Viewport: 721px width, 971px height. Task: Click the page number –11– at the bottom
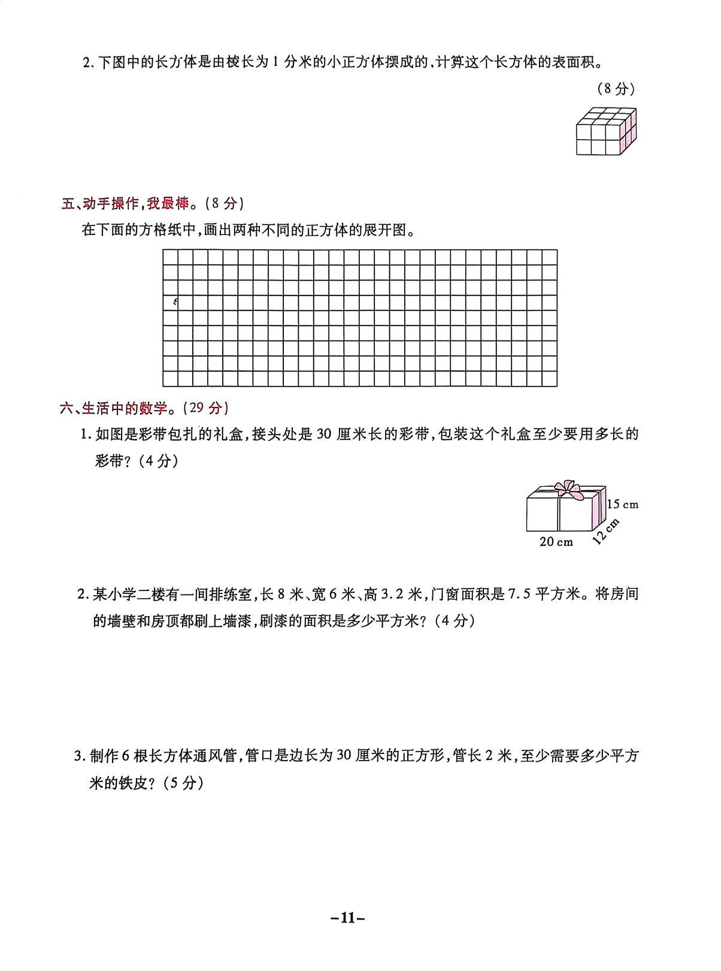[x=348, y=918]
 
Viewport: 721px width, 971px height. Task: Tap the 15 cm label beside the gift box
[x=622, y=505]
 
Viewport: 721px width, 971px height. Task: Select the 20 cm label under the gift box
[x=556, y=542]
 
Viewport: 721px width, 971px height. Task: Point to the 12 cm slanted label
[x=605, y=532]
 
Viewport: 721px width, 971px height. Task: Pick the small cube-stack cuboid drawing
[x=606, y=132]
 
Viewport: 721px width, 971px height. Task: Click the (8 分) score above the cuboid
[x=616, y=89]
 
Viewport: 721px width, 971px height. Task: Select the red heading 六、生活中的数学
[x=114, y=409]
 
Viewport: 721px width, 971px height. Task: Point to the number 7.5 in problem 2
[x=519, y=594]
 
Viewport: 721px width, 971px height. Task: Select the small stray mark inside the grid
[x=175, y=301]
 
